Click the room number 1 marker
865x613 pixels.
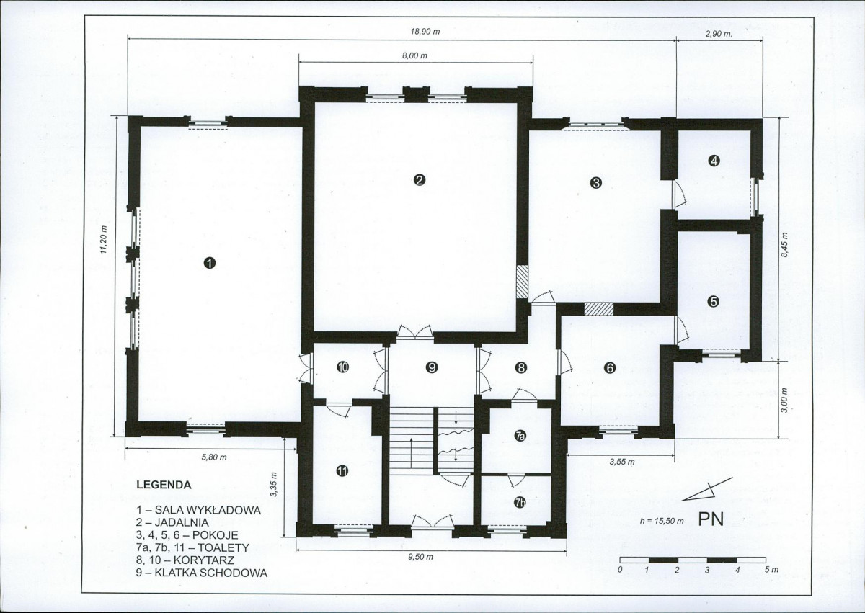pyautogui.click(x=209, y=263)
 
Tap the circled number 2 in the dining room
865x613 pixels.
pyautogui.click(x=419, y=179)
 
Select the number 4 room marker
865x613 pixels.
pyautogui.click(x=714, y=161)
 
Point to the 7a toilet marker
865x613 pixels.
pyautogui.click(x=520, y=437)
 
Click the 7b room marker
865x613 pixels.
pyautogui.click(x=520, y=502)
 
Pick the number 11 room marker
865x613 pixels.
pyautogui.click(x=342, y=470)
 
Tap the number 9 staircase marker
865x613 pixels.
pyautogui.click(x=431, y=367)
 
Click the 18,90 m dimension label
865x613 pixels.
pyautogui.click(x=425, y=32)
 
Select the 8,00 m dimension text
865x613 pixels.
pyautogui.click(x=414, y=55)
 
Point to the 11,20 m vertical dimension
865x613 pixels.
pyautogui.click(x=104, y=239)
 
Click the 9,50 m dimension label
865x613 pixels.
pyautogui.click(x=420, y=557)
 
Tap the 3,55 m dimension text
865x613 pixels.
pyautogui.click(x=622, y=462)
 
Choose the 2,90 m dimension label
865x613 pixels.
pyautogui.click(x=719, y=34)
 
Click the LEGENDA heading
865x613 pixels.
pyautogui.click(x=164, y=485)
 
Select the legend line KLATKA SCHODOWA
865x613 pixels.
pyautogui.click(x=202, y=573)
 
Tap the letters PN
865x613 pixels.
pyautogui.click(x=711, y=519)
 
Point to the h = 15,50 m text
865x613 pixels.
pyautogui.click(x=662, y=521)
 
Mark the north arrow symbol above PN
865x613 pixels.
pyautogui.click(x=706, y=489)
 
